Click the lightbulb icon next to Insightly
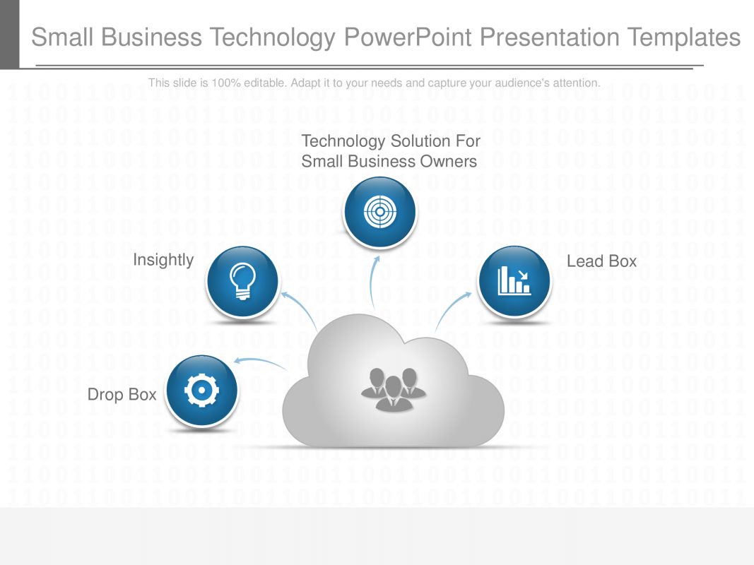pyautogui.click(x=241, y=281)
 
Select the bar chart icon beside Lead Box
pyautogui.click(x=514, y=281)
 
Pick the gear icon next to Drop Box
pyautogui.click(x=201, y=391)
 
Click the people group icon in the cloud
pyautogui.click(x=394, y=389)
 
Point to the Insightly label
pyautogui.click(x=163, y=260)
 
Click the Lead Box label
pyautogui.click(x=601, y=261)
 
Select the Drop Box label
pyautogui.click(x=122, y=394)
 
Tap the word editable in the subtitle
pyautogui.click(x=262, y=83)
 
